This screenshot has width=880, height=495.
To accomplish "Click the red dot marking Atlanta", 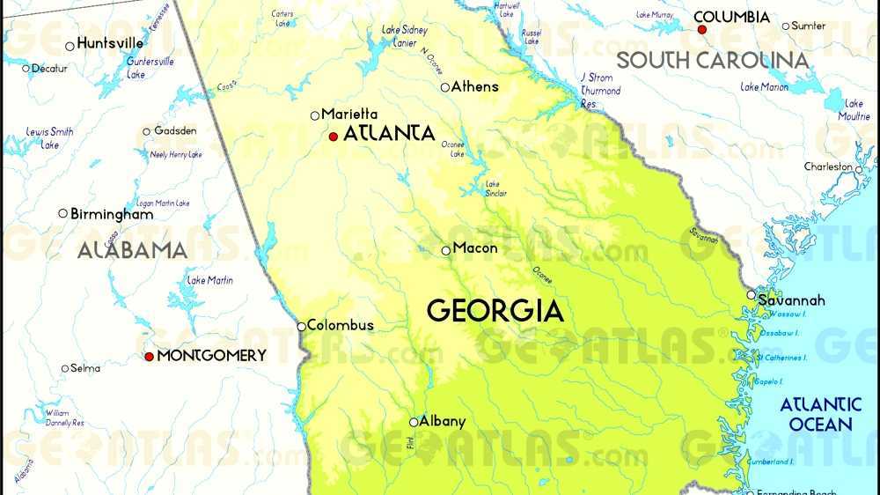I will [333, 137].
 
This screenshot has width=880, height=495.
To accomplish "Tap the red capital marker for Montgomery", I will [149, 356].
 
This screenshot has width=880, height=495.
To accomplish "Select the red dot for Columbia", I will [701, 29].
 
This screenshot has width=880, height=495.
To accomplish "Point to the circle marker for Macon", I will [445, 251].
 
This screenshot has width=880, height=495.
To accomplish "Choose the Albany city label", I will [442, 421].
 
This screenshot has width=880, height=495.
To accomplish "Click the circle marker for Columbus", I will [301, 326].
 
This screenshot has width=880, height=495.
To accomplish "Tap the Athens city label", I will [474, 86].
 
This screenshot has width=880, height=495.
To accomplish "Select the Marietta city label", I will [349, 114].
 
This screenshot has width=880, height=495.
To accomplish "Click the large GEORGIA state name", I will [495, 311].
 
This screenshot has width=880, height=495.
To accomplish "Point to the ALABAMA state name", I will [132, 250].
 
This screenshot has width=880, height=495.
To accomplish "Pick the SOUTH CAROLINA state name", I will [712, 60].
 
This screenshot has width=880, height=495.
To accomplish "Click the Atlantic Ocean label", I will [820, 414].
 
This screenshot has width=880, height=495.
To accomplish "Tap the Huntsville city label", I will [110, 42].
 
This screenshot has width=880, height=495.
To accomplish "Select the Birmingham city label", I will [111, 214].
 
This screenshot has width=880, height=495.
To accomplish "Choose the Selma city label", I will [85, 368].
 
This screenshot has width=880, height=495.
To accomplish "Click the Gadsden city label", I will [175, 131].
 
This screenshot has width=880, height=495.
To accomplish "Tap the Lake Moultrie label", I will [854, 110].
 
